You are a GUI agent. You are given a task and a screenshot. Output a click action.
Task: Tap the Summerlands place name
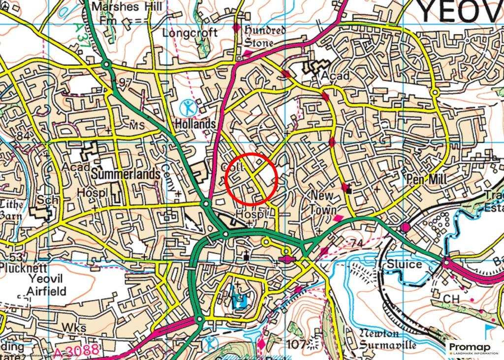click(126, 174)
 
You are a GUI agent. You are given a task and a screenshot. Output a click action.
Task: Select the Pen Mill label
click(426, 179)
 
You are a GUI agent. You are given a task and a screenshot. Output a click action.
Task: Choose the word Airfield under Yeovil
click(47, 291)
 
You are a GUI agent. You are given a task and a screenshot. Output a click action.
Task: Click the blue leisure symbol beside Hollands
click(188, 106)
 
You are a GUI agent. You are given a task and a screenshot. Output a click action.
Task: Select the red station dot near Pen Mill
click(406, 227)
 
